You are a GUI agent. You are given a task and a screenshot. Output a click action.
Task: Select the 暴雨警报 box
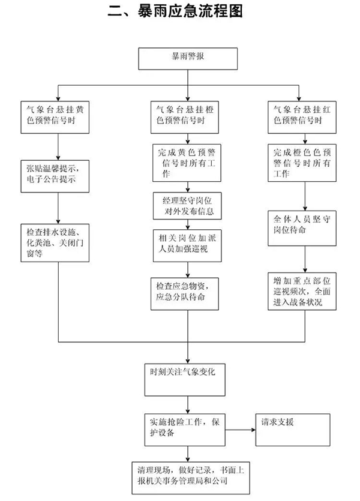(x=188, y=59)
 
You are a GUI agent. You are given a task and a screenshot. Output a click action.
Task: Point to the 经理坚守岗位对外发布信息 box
(x=188, y=206)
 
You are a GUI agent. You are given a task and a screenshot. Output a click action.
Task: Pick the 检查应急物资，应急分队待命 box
(x=188, y=290)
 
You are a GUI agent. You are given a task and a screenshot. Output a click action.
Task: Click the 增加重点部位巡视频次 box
(x=304, y=290)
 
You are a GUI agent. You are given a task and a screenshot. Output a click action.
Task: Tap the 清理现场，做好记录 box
(x=188, y=476)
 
